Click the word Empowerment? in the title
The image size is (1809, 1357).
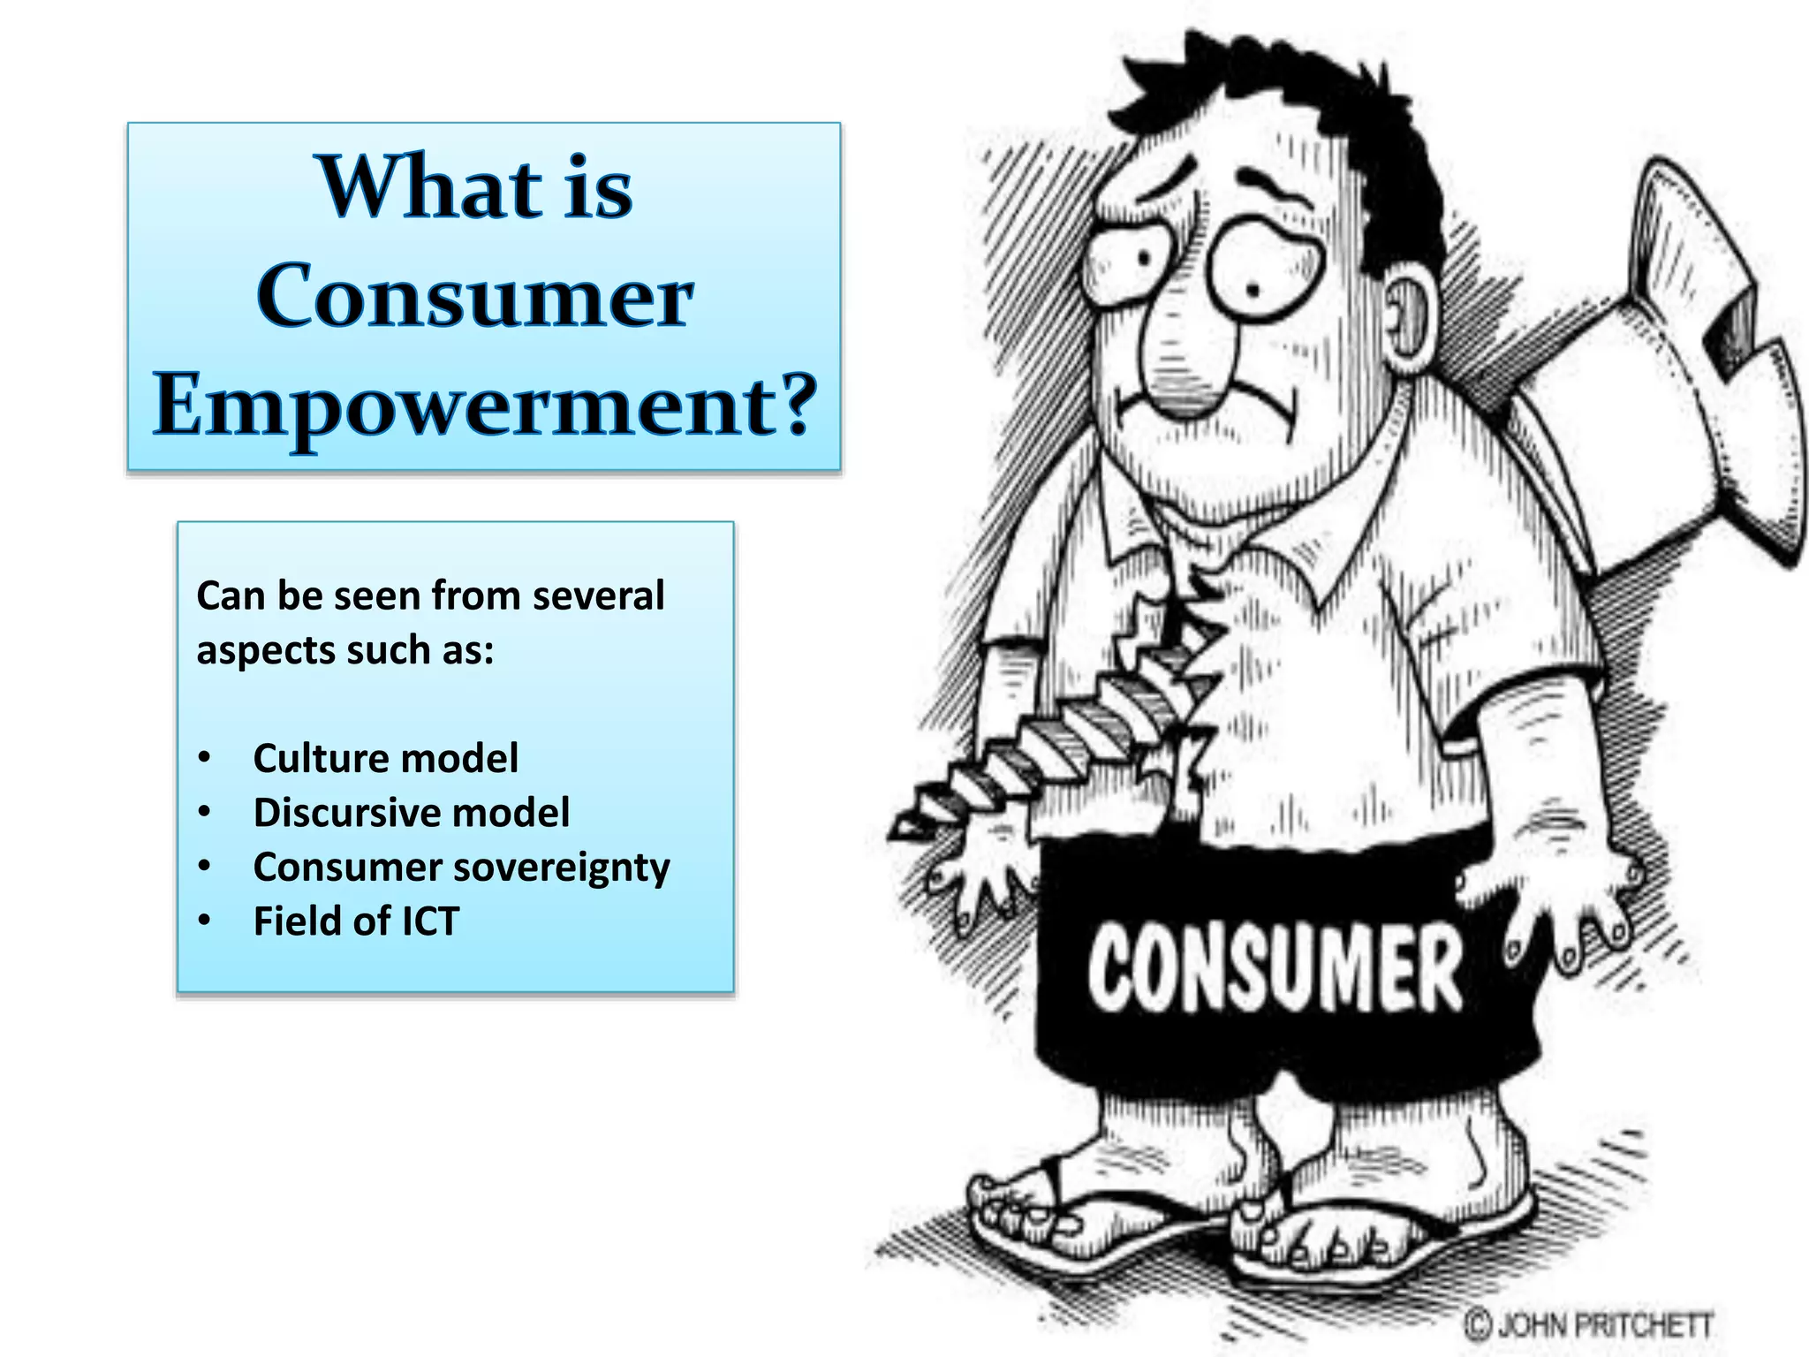pyautogui.click(x=484, y=405)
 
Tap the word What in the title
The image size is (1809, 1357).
pyautogui.click(x=429, y=187)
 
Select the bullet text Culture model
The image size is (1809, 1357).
pyautogui.click(x=385, y=759)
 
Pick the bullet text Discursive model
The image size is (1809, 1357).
pyautogui.click(x=412, y=813)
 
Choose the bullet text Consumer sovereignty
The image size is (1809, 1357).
pyautogui.click(x=461, y=868)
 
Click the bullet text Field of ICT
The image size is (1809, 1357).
pyautogui.click(x=356, y=921)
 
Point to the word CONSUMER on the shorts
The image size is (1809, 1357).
pyautogui.click(x=1275, y=968)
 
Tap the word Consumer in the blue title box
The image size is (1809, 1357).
pyautogui.click(x=474, y=296)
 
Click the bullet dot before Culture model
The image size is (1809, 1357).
pyautogui.click(x=205, y=759)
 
